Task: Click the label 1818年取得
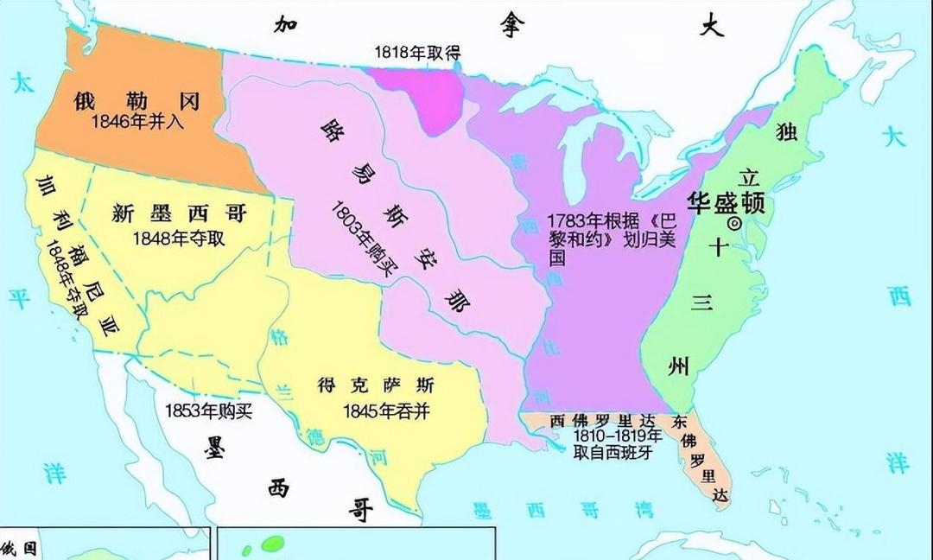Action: (x=417, y=53)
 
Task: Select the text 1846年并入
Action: (x=138, y=122)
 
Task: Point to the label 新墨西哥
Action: (x=180, y=214)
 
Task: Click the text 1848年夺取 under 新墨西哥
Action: (x=179, y=237)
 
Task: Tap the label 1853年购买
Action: (x=209, y=410)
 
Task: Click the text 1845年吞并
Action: (x=386, y=410)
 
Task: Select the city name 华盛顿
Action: (x=726, y=202)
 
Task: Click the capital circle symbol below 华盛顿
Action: (x=736, y=223)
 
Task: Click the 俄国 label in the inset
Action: (x=22, y=548)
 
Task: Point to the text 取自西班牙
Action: (x=612, y=451)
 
